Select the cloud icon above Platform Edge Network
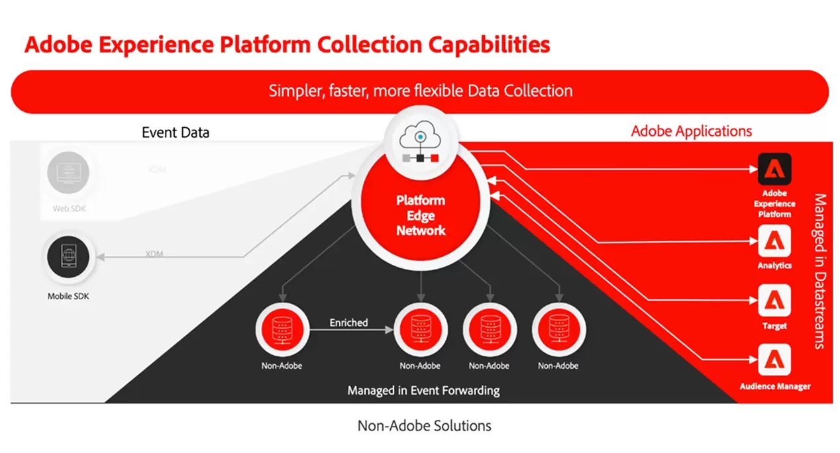point(420,137)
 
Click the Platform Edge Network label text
point(421,215)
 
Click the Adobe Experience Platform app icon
point(774,170)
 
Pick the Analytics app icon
point(774,242)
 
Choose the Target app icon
point(774,301)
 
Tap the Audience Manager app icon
point(774,362)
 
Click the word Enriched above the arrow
point(348,323)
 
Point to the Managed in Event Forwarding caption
point(423,390)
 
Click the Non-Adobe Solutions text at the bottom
point(424,425)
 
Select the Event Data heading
point(176,132)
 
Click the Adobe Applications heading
point(691,130)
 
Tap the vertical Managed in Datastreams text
point(819,272)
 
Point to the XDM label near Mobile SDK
point(154,254)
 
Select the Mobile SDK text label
point(68,296)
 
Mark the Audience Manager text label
point(774,386)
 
